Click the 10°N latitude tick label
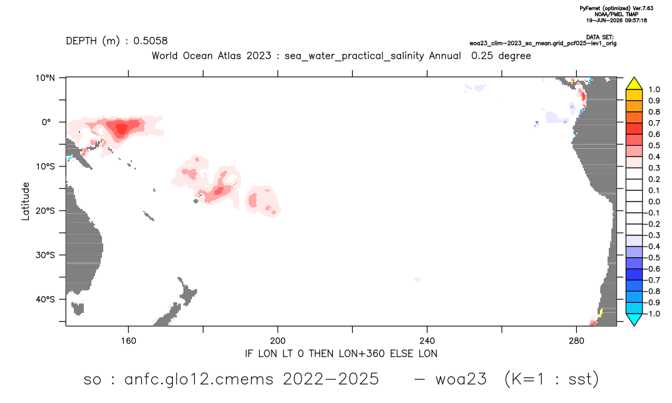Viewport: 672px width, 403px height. click(45, 78)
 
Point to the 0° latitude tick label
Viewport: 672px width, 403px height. click(46, 122)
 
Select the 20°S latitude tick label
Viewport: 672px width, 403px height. click(45, 210)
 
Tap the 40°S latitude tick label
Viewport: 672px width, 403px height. click(45, 299)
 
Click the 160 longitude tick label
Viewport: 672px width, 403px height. click(128, 341)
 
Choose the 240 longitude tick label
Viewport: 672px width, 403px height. click(427, 341)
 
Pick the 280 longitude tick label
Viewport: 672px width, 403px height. click(576, 341)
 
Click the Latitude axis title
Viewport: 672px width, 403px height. click(26, 201)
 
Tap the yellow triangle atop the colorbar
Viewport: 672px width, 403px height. click(634, 83)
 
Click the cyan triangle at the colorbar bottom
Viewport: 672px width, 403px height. click(634, 320)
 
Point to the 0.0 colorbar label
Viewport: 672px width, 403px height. click(654, 201)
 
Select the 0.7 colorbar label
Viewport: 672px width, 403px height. click(654, 123)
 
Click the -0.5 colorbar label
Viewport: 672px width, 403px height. click(653, 258)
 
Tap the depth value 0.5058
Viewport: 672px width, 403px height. click(150, 41)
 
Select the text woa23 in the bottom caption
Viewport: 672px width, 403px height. click(461, 379)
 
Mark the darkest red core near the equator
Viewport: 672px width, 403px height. click(122, 129)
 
